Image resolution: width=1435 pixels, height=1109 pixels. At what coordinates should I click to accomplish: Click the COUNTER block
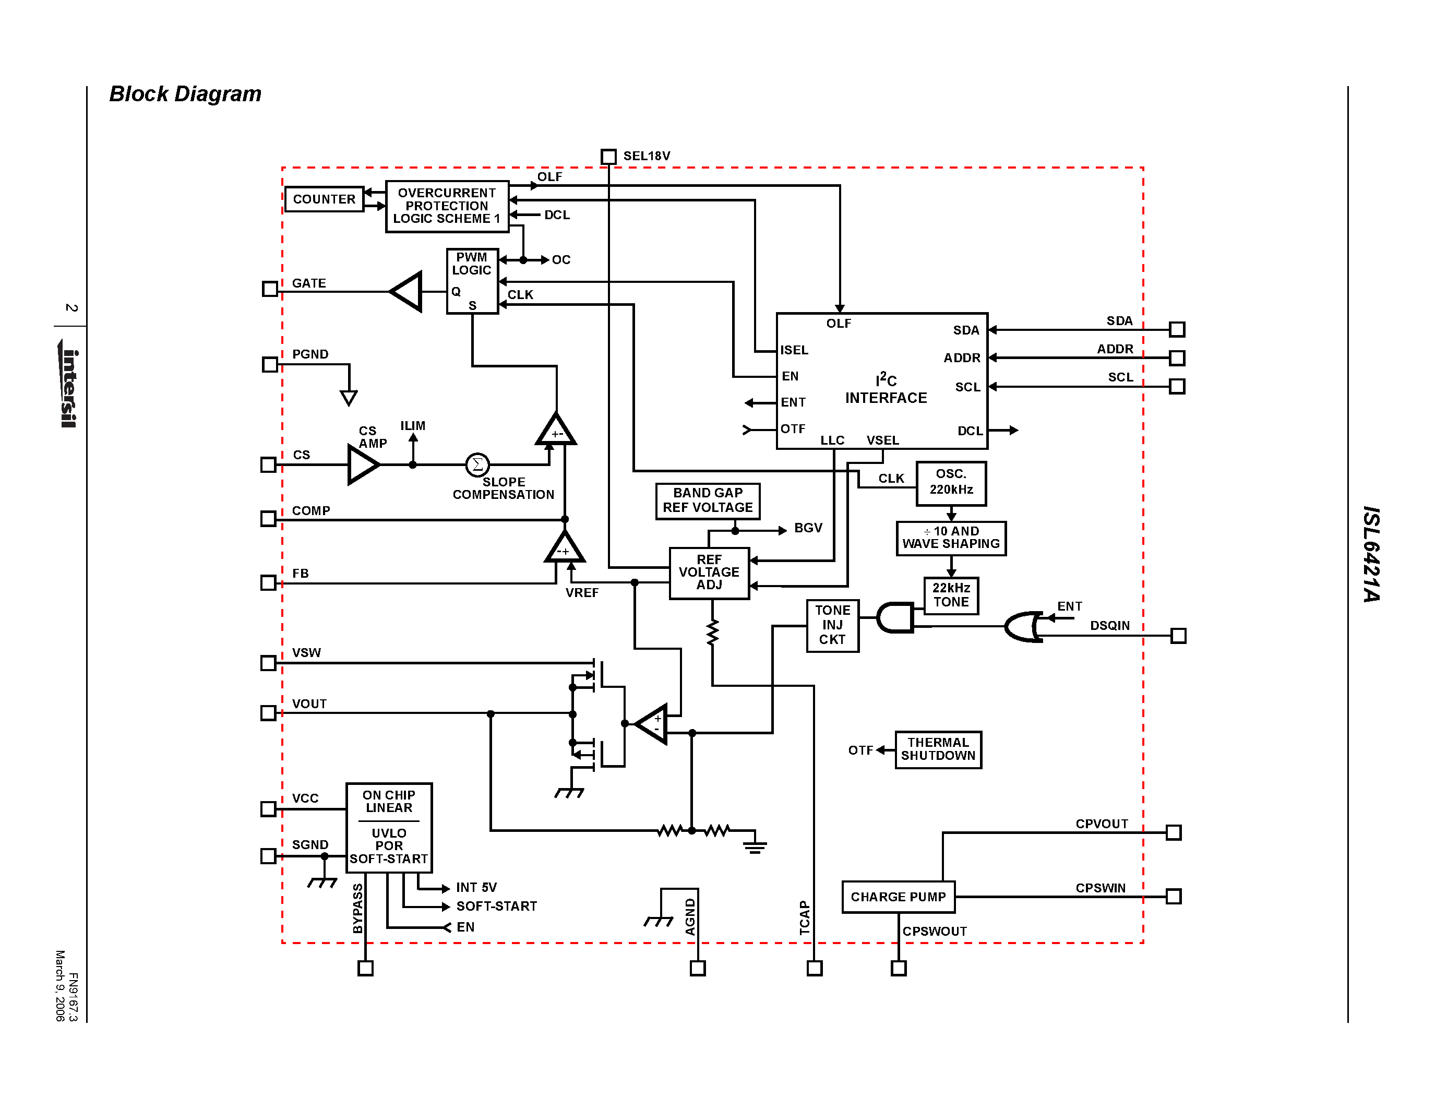pos(324,199)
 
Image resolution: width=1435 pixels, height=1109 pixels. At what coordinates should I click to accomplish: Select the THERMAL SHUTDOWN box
pos(938,749)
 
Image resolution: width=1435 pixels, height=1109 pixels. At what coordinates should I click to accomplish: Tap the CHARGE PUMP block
pos(898,897)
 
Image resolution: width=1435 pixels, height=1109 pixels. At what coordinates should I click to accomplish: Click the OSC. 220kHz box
pos(951,483)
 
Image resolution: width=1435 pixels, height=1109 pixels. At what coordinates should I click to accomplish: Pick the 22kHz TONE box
pos(951,595)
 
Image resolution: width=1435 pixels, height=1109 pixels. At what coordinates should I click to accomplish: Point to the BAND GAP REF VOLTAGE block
pos(708,500)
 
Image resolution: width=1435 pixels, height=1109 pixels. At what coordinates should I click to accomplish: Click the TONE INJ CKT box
pos(832,625)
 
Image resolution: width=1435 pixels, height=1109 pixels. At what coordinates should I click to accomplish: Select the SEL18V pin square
pos(608,157)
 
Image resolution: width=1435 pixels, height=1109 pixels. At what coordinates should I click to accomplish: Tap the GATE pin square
pos(269,289)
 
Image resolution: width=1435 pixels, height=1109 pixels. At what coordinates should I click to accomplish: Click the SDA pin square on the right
pos(1177,329)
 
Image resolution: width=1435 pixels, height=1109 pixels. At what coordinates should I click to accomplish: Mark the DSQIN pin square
pos(1178,635)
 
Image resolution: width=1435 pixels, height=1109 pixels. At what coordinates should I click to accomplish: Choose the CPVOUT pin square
pos(1174,832)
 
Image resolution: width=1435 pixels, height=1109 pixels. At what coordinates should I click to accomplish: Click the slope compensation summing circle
pos(477,464)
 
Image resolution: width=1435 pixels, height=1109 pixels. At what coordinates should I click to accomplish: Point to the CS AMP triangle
pos(362,464)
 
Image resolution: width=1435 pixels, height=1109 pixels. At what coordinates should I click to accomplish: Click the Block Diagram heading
pos(185,94)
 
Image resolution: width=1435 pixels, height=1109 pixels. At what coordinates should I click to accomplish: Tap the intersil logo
pos(68,384)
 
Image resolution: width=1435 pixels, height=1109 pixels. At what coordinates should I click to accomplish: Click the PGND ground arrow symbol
pos(349,397)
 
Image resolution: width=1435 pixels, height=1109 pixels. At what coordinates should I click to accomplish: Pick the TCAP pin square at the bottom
pos(814,968)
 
